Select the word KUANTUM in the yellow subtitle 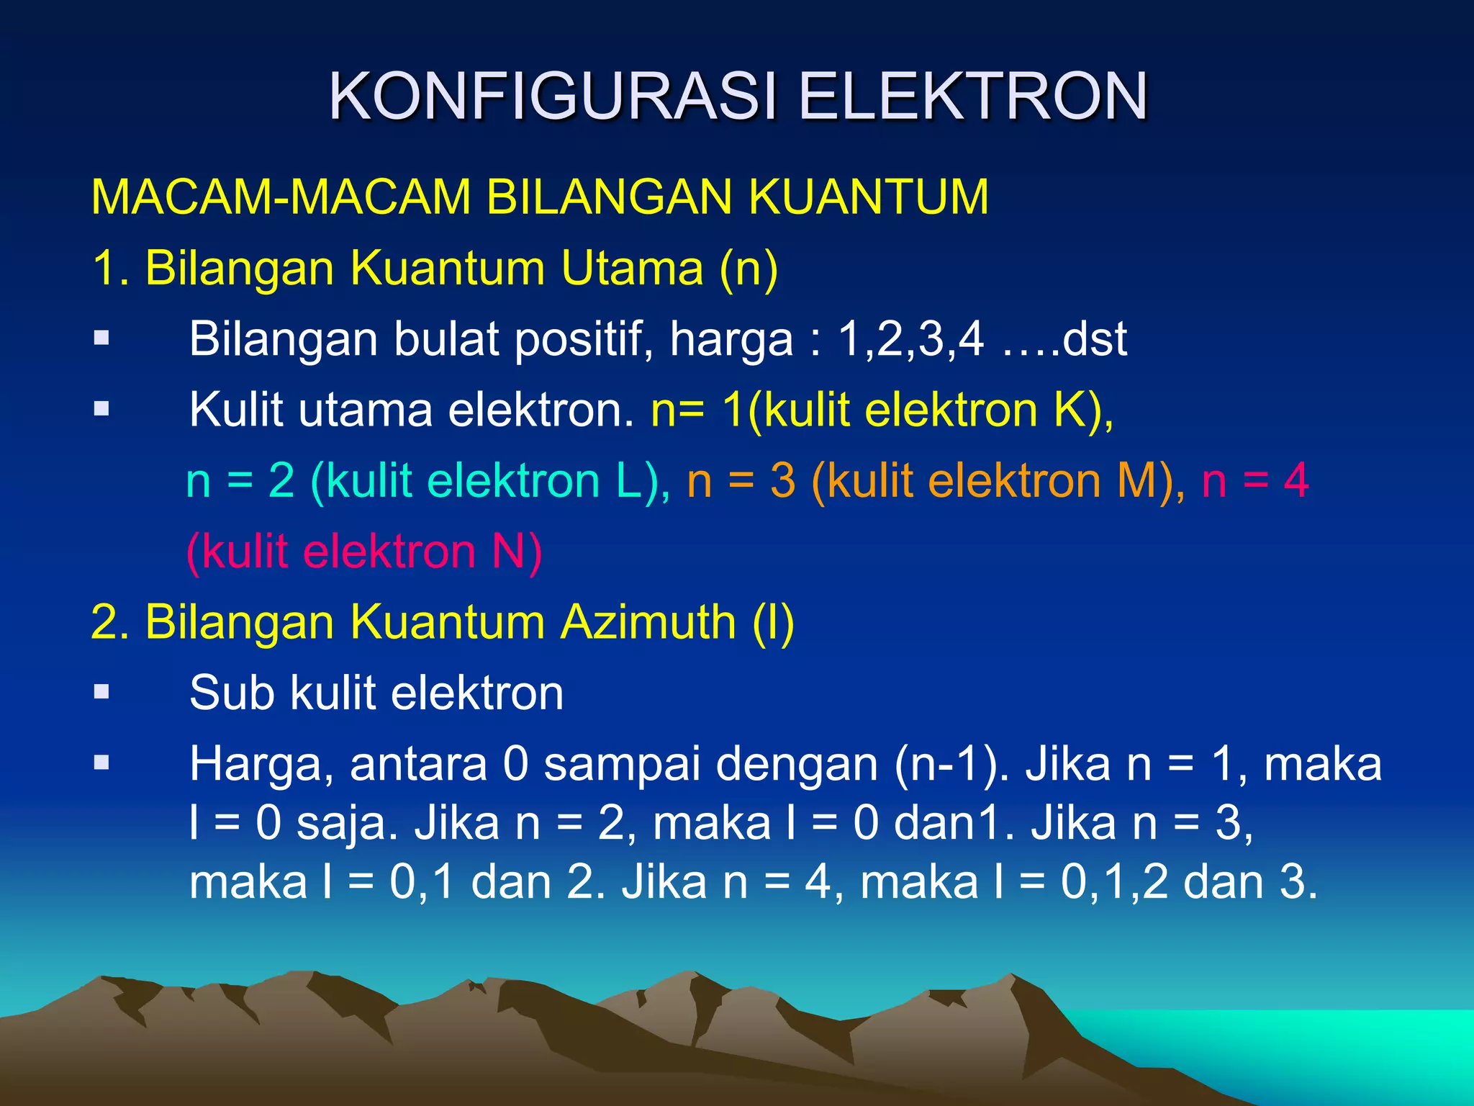869,197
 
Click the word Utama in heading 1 631,268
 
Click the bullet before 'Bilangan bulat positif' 101,338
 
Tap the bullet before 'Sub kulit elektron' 101,693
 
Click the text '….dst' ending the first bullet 1064,338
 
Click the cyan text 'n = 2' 240,481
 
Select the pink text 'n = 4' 1254,481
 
